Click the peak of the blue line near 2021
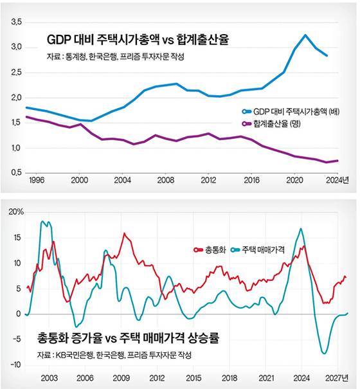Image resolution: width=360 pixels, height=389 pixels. tap(305, 35)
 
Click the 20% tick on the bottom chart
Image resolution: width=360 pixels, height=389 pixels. tap(16, 212)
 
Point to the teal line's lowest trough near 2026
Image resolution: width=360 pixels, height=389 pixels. tap(325, 353)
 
